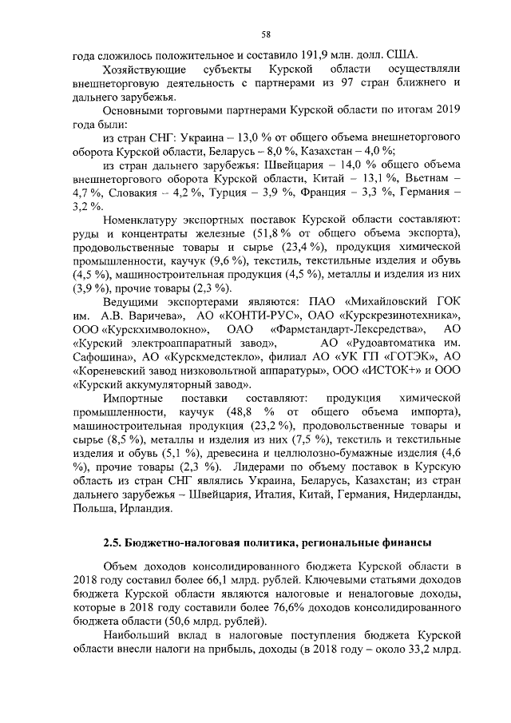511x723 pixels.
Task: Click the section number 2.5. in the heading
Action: pyautogui.click(x=116, y=543)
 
